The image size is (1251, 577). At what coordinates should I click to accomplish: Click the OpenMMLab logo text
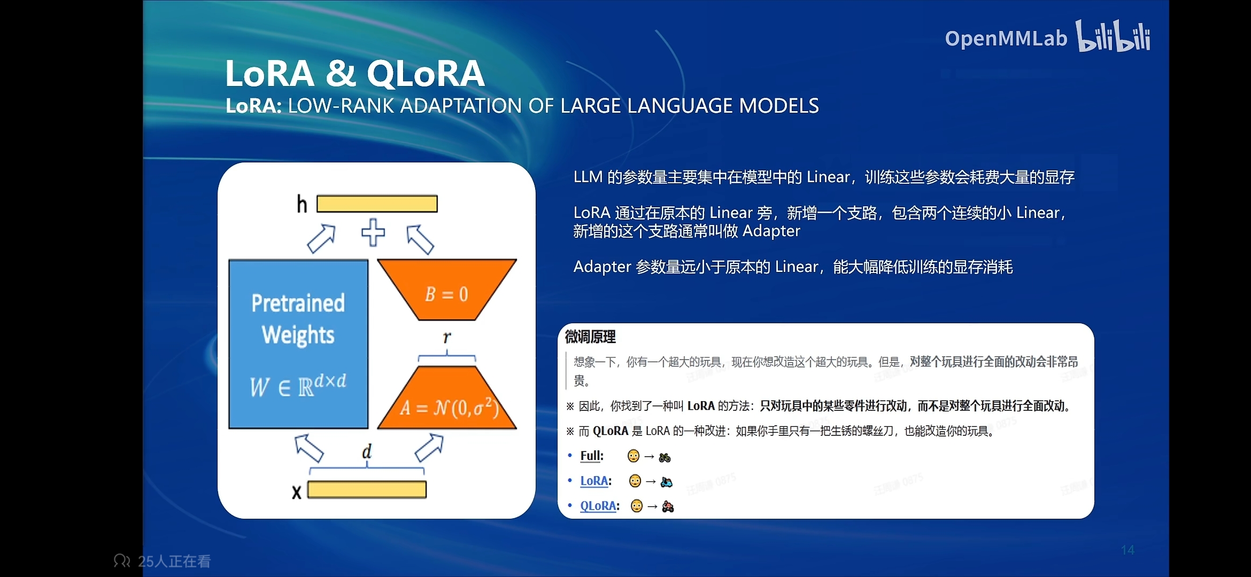1006,39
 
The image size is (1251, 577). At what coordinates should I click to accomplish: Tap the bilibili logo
1113,36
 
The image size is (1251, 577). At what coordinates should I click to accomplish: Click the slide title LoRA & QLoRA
354,73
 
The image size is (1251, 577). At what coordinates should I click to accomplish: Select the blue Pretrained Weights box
298,344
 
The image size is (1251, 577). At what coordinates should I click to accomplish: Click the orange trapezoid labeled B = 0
447,290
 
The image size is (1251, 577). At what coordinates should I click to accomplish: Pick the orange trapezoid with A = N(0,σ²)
447,398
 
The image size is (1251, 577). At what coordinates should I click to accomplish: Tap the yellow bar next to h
377,204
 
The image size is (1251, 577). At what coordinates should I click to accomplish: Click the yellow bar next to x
367,490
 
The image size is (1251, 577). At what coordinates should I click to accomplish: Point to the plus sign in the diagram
373,232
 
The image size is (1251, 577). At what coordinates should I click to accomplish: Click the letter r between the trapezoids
447,337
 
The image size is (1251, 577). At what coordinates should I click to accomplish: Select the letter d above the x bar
367,451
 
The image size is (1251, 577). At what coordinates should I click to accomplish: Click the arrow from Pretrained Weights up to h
321,238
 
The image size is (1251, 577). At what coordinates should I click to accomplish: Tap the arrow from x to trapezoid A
429,448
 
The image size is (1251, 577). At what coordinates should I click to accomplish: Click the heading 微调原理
590,337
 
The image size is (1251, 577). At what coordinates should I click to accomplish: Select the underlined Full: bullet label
592,456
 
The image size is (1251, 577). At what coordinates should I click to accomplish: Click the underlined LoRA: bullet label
596,481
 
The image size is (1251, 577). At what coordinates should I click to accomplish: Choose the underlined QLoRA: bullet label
600,505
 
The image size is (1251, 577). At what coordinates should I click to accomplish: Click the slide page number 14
1128,550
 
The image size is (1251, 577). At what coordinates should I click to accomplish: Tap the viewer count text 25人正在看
174,562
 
